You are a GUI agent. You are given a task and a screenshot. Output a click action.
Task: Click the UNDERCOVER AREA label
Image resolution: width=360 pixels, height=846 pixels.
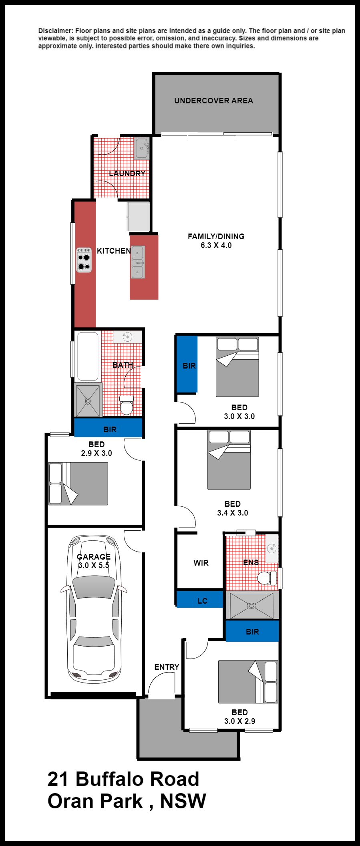[x=213, y=101]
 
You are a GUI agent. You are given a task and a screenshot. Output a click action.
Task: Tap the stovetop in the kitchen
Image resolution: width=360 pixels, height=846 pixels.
[x=84, y=260]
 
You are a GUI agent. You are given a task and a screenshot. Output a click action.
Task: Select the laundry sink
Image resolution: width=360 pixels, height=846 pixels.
[x=141, y=149]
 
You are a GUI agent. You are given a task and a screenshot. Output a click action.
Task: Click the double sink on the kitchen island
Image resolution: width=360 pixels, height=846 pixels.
[x=138, y=262]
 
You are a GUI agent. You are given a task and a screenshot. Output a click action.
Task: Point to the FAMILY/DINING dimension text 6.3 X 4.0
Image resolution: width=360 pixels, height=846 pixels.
[x=216, y=246]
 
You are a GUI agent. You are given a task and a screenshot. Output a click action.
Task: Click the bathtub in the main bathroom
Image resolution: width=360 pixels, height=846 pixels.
[x=88, y=357]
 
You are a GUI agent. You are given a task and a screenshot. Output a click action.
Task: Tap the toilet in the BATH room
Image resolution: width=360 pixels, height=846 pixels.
[x=127, y=405]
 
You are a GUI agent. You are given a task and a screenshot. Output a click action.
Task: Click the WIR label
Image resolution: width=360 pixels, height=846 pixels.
[x=201, y=563]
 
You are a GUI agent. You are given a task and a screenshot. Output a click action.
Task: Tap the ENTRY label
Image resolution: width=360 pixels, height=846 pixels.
[x=167, y=667]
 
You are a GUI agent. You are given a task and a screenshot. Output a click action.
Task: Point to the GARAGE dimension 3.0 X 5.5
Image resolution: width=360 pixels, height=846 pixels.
[x=94, y=566]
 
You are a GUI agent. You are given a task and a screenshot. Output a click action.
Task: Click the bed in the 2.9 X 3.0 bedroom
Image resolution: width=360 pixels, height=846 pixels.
[x=78, y=483]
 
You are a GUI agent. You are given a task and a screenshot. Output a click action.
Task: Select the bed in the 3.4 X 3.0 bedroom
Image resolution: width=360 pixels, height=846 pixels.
[x=229, y=460]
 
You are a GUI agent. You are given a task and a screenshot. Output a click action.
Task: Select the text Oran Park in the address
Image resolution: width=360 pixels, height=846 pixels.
[x=95, y=801]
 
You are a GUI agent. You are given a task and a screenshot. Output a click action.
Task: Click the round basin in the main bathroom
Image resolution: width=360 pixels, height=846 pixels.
[x=128, y=337]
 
